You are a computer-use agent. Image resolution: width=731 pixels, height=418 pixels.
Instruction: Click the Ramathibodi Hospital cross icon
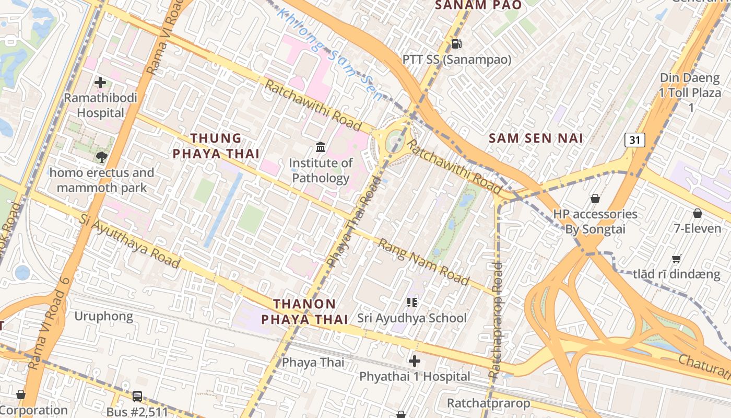coord(100,83)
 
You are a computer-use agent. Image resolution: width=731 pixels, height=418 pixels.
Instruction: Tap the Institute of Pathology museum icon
coord(321,148)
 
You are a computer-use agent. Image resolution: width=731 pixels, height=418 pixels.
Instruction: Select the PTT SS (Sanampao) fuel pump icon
coord(456,44)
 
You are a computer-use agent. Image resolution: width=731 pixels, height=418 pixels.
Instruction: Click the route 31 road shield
coord(634,140)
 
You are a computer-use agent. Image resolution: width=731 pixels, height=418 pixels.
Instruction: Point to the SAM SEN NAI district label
coord(536,138)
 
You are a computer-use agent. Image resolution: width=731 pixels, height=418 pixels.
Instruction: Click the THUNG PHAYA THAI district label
coord(216,146)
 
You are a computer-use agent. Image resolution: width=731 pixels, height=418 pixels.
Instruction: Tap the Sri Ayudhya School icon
coord(412,303)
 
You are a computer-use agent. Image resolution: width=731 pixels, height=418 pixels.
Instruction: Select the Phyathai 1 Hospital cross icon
coord(415,361)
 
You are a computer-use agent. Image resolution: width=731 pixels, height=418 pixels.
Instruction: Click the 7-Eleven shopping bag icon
coord(697,213)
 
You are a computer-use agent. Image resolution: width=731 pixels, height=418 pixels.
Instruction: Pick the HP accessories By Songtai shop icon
coord(595,199)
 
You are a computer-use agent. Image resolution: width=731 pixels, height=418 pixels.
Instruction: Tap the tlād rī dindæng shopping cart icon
coord(676,259)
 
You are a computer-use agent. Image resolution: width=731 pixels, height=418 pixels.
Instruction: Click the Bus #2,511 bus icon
coord(137,397)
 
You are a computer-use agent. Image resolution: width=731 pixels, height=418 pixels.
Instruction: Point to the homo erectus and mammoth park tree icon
coord(101,157)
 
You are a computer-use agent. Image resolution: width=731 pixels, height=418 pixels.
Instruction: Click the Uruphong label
coord(103,316)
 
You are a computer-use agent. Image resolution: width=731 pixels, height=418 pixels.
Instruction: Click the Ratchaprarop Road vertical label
coord(496,320)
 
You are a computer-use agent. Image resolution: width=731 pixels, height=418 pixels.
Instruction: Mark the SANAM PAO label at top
coord(478,5)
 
